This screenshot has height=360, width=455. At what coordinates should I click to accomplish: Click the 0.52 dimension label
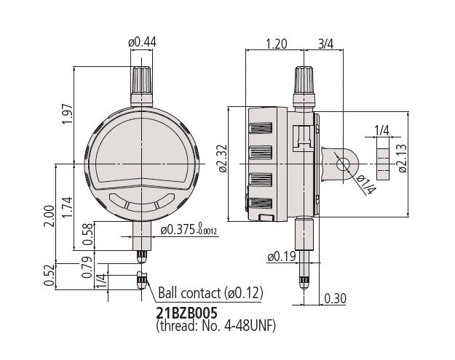(49, 275)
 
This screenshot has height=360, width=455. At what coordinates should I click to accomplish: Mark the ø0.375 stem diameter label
(188, 229)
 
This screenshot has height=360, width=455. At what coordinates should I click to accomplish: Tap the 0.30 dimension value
(335, 297)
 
